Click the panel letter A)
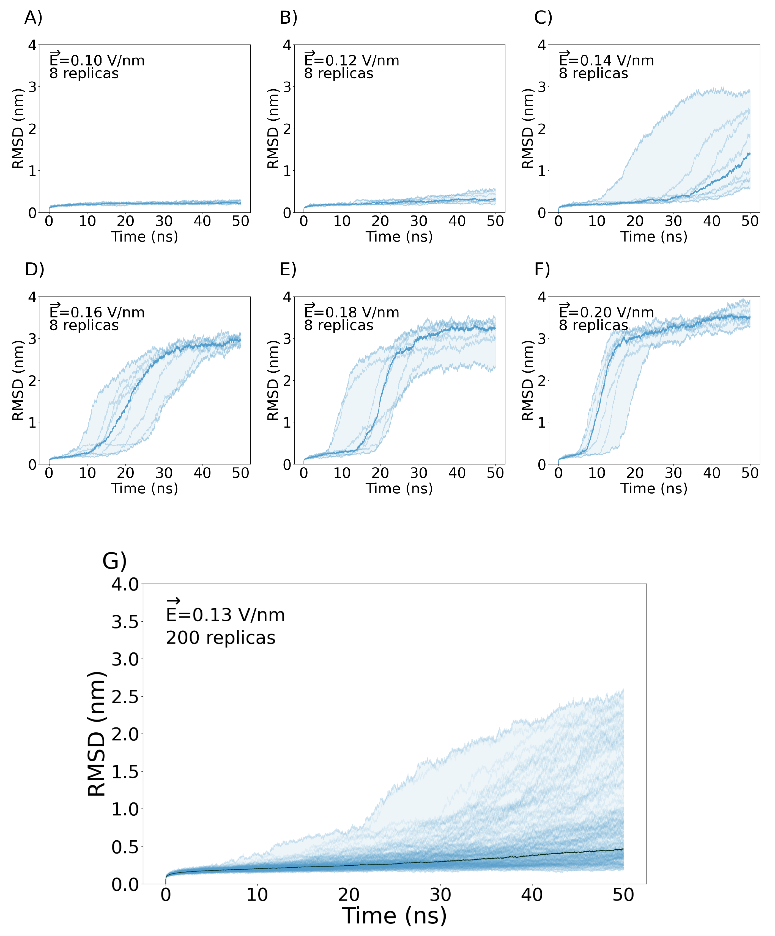pyautogui.click(x=33, y=18)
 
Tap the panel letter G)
pyautogui.click(x=114, y=561)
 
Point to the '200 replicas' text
pyautogui.click(x=220, y=638)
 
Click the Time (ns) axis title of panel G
pyautogui.click(x=395, y=916)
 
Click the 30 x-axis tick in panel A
pyautogui.click(x=164, y=221)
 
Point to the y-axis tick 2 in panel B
pyautogui.click(x=287, y=129)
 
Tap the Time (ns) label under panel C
pyautogui.click(x=654, y=236)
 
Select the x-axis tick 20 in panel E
pyautogui.click(x=380, y=473)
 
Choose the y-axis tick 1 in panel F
pyautogui.click(x=542, y=422)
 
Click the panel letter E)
pyautogui.click(x=288, y=270)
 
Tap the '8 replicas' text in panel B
pyautogui.click(x=339, y=74)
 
